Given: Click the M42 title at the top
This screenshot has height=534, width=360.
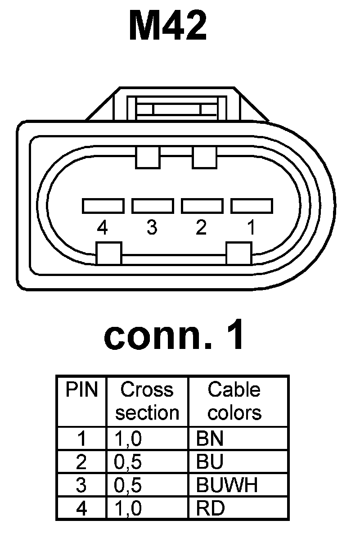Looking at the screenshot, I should (x=168, y=26).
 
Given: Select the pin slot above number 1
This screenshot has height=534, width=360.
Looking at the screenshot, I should (x=252, y=206).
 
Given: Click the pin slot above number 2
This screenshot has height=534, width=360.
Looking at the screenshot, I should (x=202, y=206).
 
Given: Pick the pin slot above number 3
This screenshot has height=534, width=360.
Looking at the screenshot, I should (x=153, y=206).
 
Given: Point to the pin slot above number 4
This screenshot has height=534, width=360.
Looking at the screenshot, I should (x=103, y=206).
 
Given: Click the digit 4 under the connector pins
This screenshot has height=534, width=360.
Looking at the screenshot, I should (x=103, y=228).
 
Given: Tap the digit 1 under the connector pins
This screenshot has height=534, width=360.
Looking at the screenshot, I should (x=251, y=228).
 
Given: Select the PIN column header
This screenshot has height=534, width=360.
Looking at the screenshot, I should (x=81, y=390).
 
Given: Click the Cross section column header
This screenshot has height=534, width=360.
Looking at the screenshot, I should (x=147, y=401).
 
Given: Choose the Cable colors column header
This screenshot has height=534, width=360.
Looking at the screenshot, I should (x=234, y=401).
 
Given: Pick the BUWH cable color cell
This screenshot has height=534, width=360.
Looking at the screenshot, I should (x=227, y=485).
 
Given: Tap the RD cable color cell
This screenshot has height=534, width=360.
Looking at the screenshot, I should (x=211, y=508).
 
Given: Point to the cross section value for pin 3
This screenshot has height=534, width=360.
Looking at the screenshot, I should (x=128, y=485).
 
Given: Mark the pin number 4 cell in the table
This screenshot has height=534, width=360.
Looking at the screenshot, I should (x=81, y=508).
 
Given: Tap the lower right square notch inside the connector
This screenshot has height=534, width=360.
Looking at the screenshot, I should (x=238, y=253).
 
